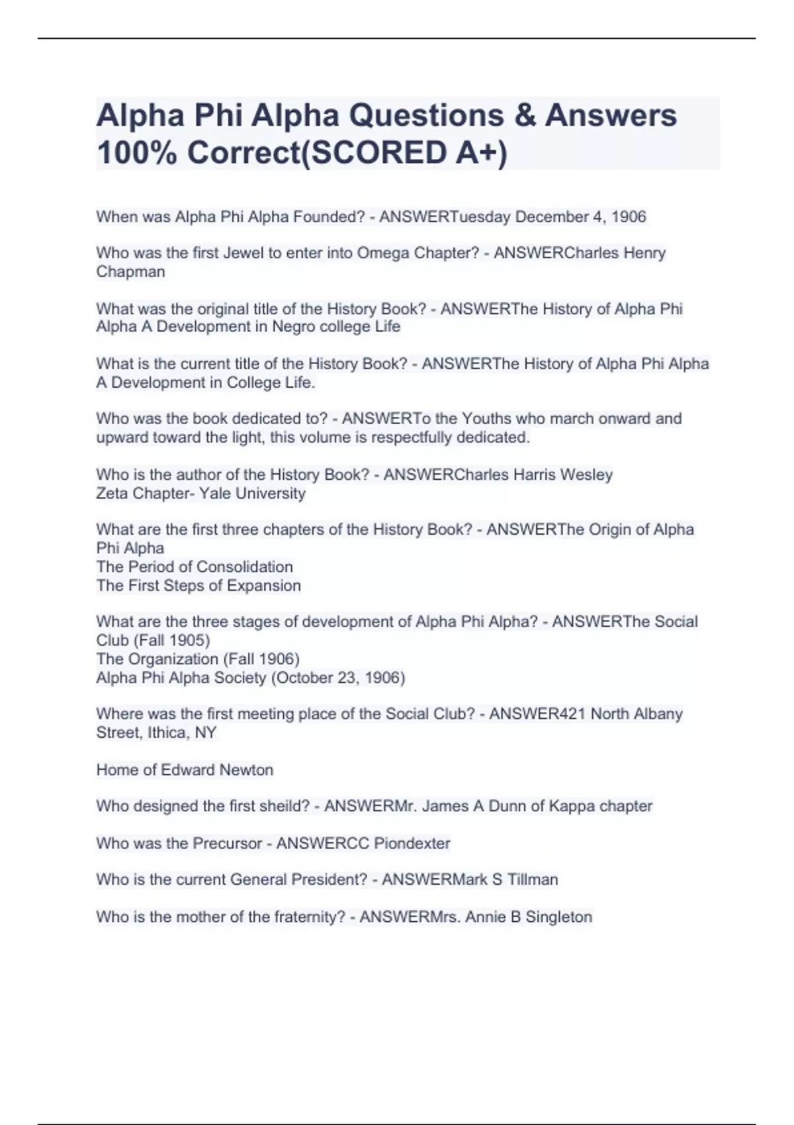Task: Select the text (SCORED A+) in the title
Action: tap(404, 153)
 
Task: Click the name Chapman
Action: tap(130, 271)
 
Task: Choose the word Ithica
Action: tap(168, 733)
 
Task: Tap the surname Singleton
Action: tap(558, 917)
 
